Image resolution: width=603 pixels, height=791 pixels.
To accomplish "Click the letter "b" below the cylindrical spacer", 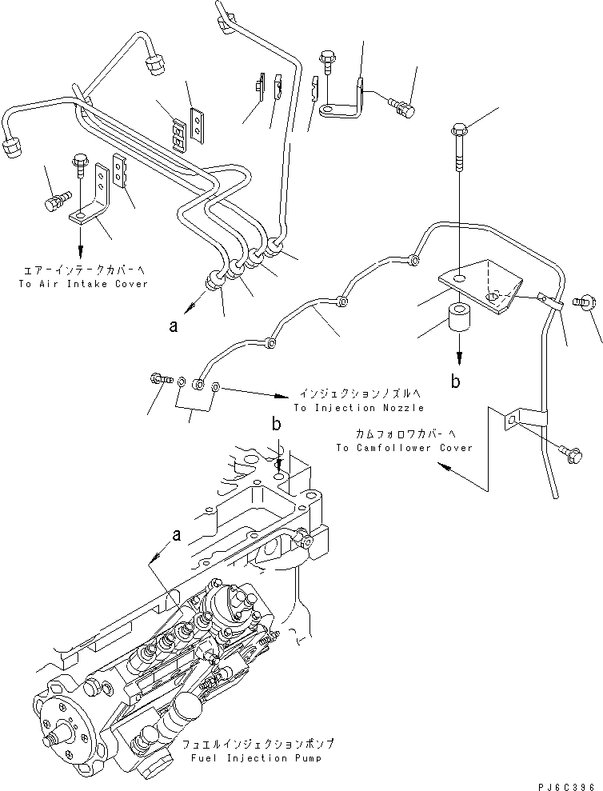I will click(x=455, y=382).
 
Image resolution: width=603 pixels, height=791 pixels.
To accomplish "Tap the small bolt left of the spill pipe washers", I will click(x=158, y=379).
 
